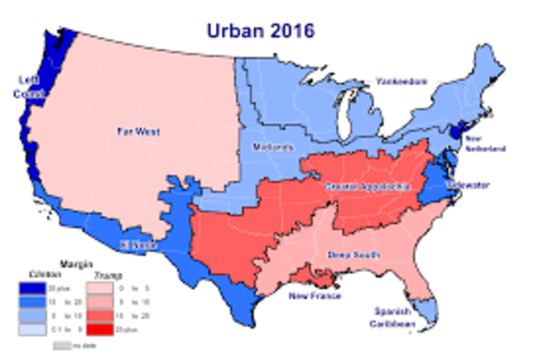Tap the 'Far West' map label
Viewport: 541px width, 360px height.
point(139,132)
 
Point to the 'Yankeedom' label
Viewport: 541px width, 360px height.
point(402,81)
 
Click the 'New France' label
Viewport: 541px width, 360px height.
point(314,297)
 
